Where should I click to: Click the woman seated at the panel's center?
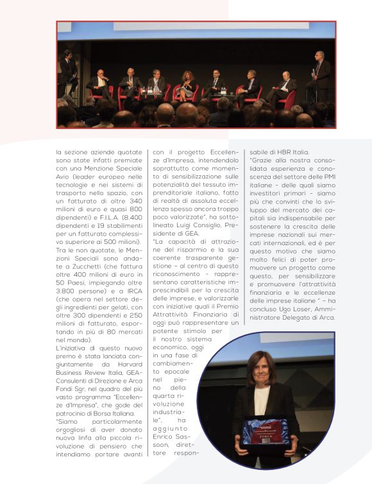(187, 84)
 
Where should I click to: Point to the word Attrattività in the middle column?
(171, 315)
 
